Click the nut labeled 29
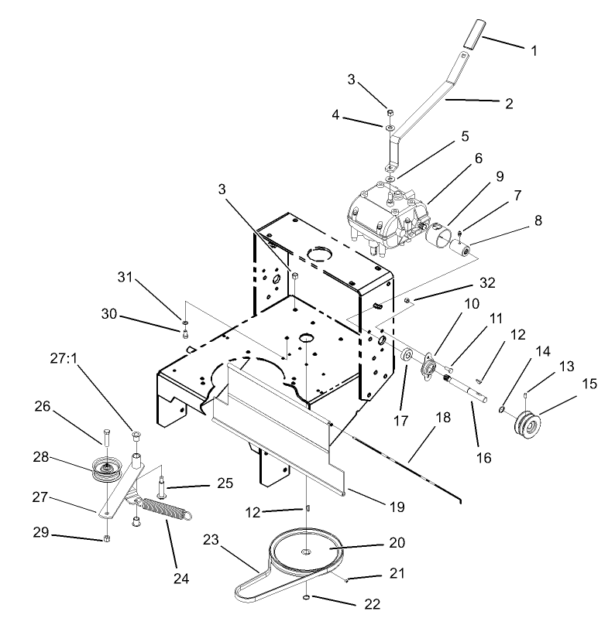point(106,538)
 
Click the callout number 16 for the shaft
point(483,459)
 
